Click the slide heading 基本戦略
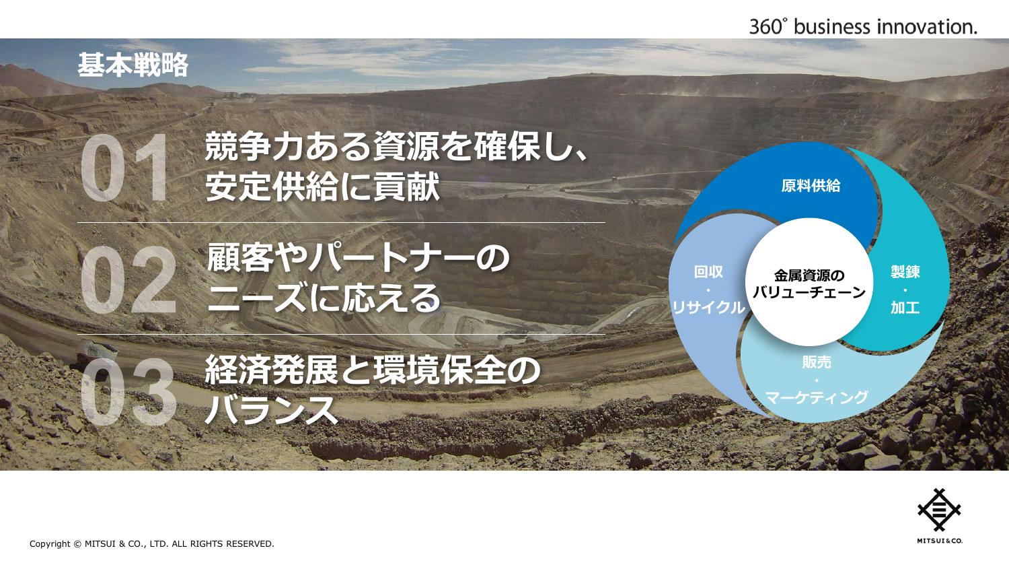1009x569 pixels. click(x=133, y=65)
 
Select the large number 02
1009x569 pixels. click(x=128, y=279)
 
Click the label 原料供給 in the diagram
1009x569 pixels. click(x=811, y=186)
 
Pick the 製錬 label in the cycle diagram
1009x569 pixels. click(x=905, y=272)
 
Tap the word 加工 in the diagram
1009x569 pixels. click(x=905, y=308)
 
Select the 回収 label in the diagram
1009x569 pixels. click(x=708, y=272)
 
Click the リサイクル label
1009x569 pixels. click(x=708, y=308)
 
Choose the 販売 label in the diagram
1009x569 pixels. click(x=817, y=362)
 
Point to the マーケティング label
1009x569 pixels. click(x=817, y=397)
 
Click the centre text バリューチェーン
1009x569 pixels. click(x=809, y=293)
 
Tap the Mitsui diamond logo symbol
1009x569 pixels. click(x=939, y=510)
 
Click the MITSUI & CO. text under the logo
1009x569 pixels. click(x=940, y=541)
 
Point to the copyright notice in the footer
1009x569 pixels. click(x=152, y=544)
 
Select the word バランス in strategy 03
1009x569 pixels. click(x=272, y=409)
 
